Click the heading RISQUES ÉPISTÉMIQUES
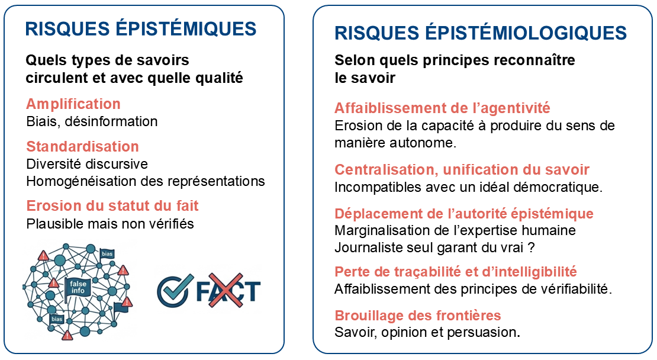pyautogui.click(x=141, y=28)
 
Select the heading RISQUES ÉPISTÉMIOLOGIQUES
pyautogui.click(x=481, y=33)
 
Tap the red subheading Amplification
pyautogui.click(x=73, y=104)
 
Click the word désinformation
pyautogui.click(x=111, y=121)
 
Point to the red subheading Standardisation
pyautogui.click(x=82, y=146)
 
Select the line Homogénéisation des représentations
pyautogui.click(x=146, y=181)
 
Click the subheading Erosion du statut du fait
pyautogui.click(x=112, y=206)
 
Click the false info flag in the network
pyautogui.click(x=77, y=288)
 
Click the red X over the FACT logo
pyautogui.click(x=226, y=290)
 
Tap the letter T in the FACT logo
pyautogui.click(x=252, y=291)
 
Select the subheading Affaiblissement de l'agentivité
pyautogui.click(x=442, y=108)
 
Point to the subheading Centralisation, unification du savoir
pyautogui.click(x=462, y=170)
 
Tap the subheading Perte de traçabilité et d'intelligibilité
pyautogui.click(x=456, y=272)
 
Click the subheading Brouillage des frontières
pyautogui.click(x=418, y=316)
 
